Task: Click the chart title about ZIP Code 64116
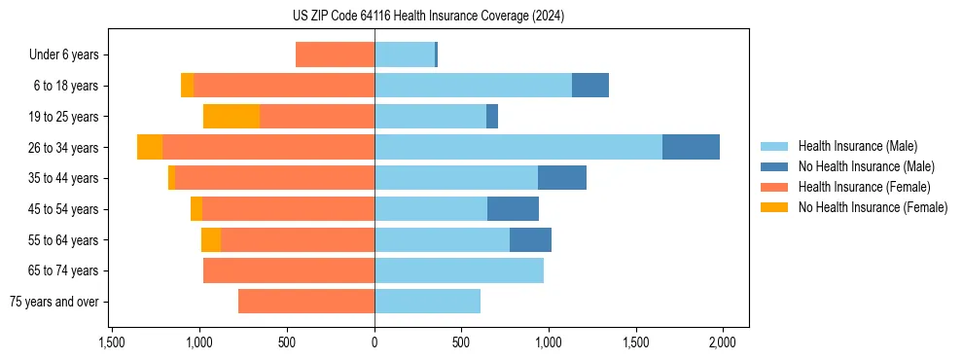[x=428, y=17]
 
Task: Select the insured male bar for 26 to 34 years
[x=518, y=147]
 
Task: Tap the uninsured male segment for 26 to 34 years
[x=691, y=147]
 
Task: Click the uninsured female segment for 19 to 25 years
[x=232, y=116]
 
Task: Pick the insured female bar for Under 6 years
[x=335, y=54]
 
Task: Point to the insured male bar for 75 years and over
[x=427, y=302]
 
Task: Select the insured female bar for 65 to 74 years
[x=289, y=270]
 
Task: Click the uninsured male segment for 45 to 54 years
[x=513, y=208]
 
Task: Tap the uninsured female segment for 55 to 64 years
[x=211, y=239]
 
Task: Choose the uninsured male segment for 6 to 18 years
[x=590, y=86]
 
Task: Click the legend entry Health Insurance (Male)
[x=857, y=146]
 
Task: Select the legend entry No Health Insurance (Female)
[x=873, y=207]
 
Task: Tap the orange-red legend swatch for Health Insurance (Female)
[x=774, y=187]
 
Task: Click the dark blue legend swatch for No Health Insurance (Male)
[x=774, y=166]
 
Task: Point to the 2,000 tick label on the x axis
[x=722, y=342]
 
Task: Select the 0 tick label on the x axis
[x=374, y=342]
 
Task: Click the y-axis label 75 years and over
[x=54, y=302]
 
